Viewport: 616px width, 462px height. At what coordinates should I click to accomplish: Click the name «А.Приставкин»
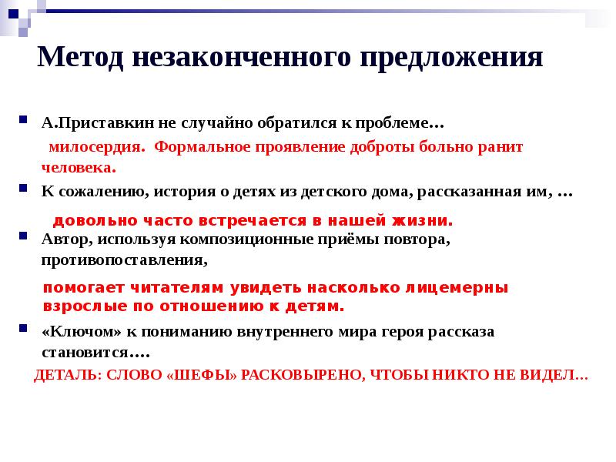pos(89,123)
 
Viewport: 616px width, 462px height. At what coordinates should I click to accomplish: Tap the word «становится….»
pos(95,352)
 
